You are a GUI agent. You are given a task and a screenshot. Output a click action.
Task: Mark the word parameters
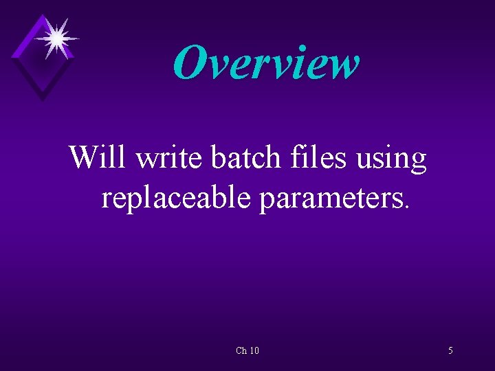[332, 199]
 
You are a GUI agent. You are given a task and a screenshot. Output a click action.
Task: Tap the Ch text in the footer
[241, 351]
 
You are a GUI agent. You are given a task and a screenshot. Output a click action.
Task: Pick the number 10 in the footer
[254, 351]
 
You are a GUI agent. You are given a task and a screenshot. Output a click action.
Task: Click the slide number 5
[450, 351]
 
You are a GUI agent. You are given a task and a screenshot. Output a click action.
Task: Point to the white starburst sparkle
[55, 37]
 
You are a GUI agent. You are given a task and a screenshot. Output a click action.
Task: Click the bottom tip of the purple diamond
[43, 100]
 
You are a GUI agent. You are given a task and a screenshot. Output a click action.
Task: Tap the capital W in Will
[85, 157]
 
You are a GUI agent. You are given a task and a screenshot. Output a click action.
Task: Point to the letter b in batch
[219, 157]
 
